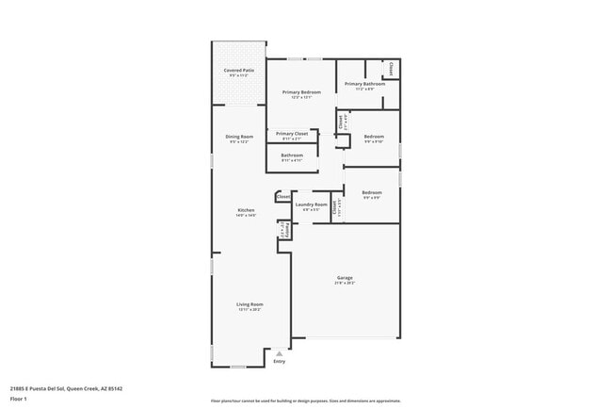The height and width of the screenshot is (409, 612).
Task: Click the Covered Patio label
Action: tap(238, 71)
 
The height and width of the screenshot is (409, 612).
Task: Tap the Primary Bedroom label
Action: tap(301, 92)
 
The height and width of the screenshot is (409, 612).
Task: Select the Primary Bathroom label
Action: tap(365, 84)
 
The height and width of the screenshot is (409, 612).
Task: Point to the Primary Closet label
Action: tap(292, 134)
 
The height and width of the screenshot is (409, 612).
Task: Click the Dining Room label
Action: tap(239, 138)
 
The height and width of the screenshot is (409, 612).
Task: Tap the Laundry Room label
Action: tap(311, 204)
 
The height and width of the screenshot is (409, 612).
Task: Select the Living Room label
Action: tap(250, 304)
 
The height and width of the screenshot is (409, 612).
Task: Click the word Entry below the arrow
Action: tap(279, 362)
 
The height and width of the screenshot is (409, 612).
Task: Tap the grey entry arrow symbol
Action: tap(279, 353)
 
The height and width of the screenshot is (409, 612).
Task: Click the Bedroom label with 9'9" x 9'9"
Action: tap(372, 193)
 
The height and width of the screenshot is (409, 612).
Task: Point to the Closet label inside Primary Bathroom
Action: tap(392, 69)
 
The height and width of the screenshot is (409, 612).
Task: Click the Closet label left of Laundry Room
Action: tap(282, 197)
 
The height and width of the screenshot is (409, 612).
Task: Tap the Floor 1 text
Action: tap(19, 400)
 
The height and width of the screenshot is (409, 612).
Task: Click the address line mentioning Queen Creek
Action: tap(66, 388)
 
